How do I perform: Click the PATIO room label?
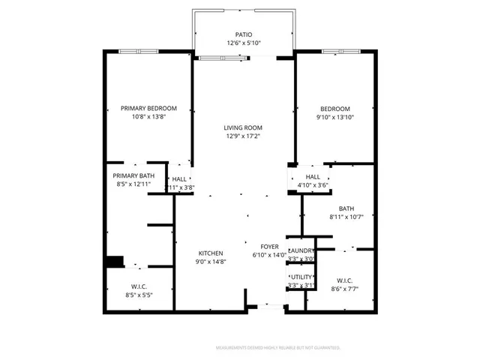pyautogui.click(x=243, y=34)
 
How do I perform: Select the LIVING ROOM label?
pyautogui.click(x=243, y=127)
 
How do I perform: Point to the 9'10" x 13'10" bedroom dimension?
pyautogui.click(x=335, y=117)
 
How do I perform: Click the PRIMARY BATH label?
pyautogui.click(x=133, y=175)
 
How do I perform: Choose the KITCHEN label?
pyautogui.click(x=210, y=253)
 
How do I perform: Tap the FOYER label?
pyautogui.click(x=270, y=246)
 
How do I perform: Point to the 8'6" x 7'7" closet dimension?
pyautogui.click(x=345, y=289)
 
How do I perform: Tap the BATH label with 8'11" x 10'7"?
pyautogui.click(x=346, y=209)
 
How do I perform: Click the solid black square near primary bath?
pyautogui.click(x=114, y=262)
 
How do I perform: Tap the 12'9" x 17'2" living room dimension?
pyautogui.click(x=243, y=136)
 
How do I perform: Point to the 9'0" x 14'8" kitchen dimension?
pyautogui.click(x=210, y=262)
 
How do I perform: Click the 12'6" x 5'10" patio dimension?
pyautogui.click(x=243, y=43)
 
